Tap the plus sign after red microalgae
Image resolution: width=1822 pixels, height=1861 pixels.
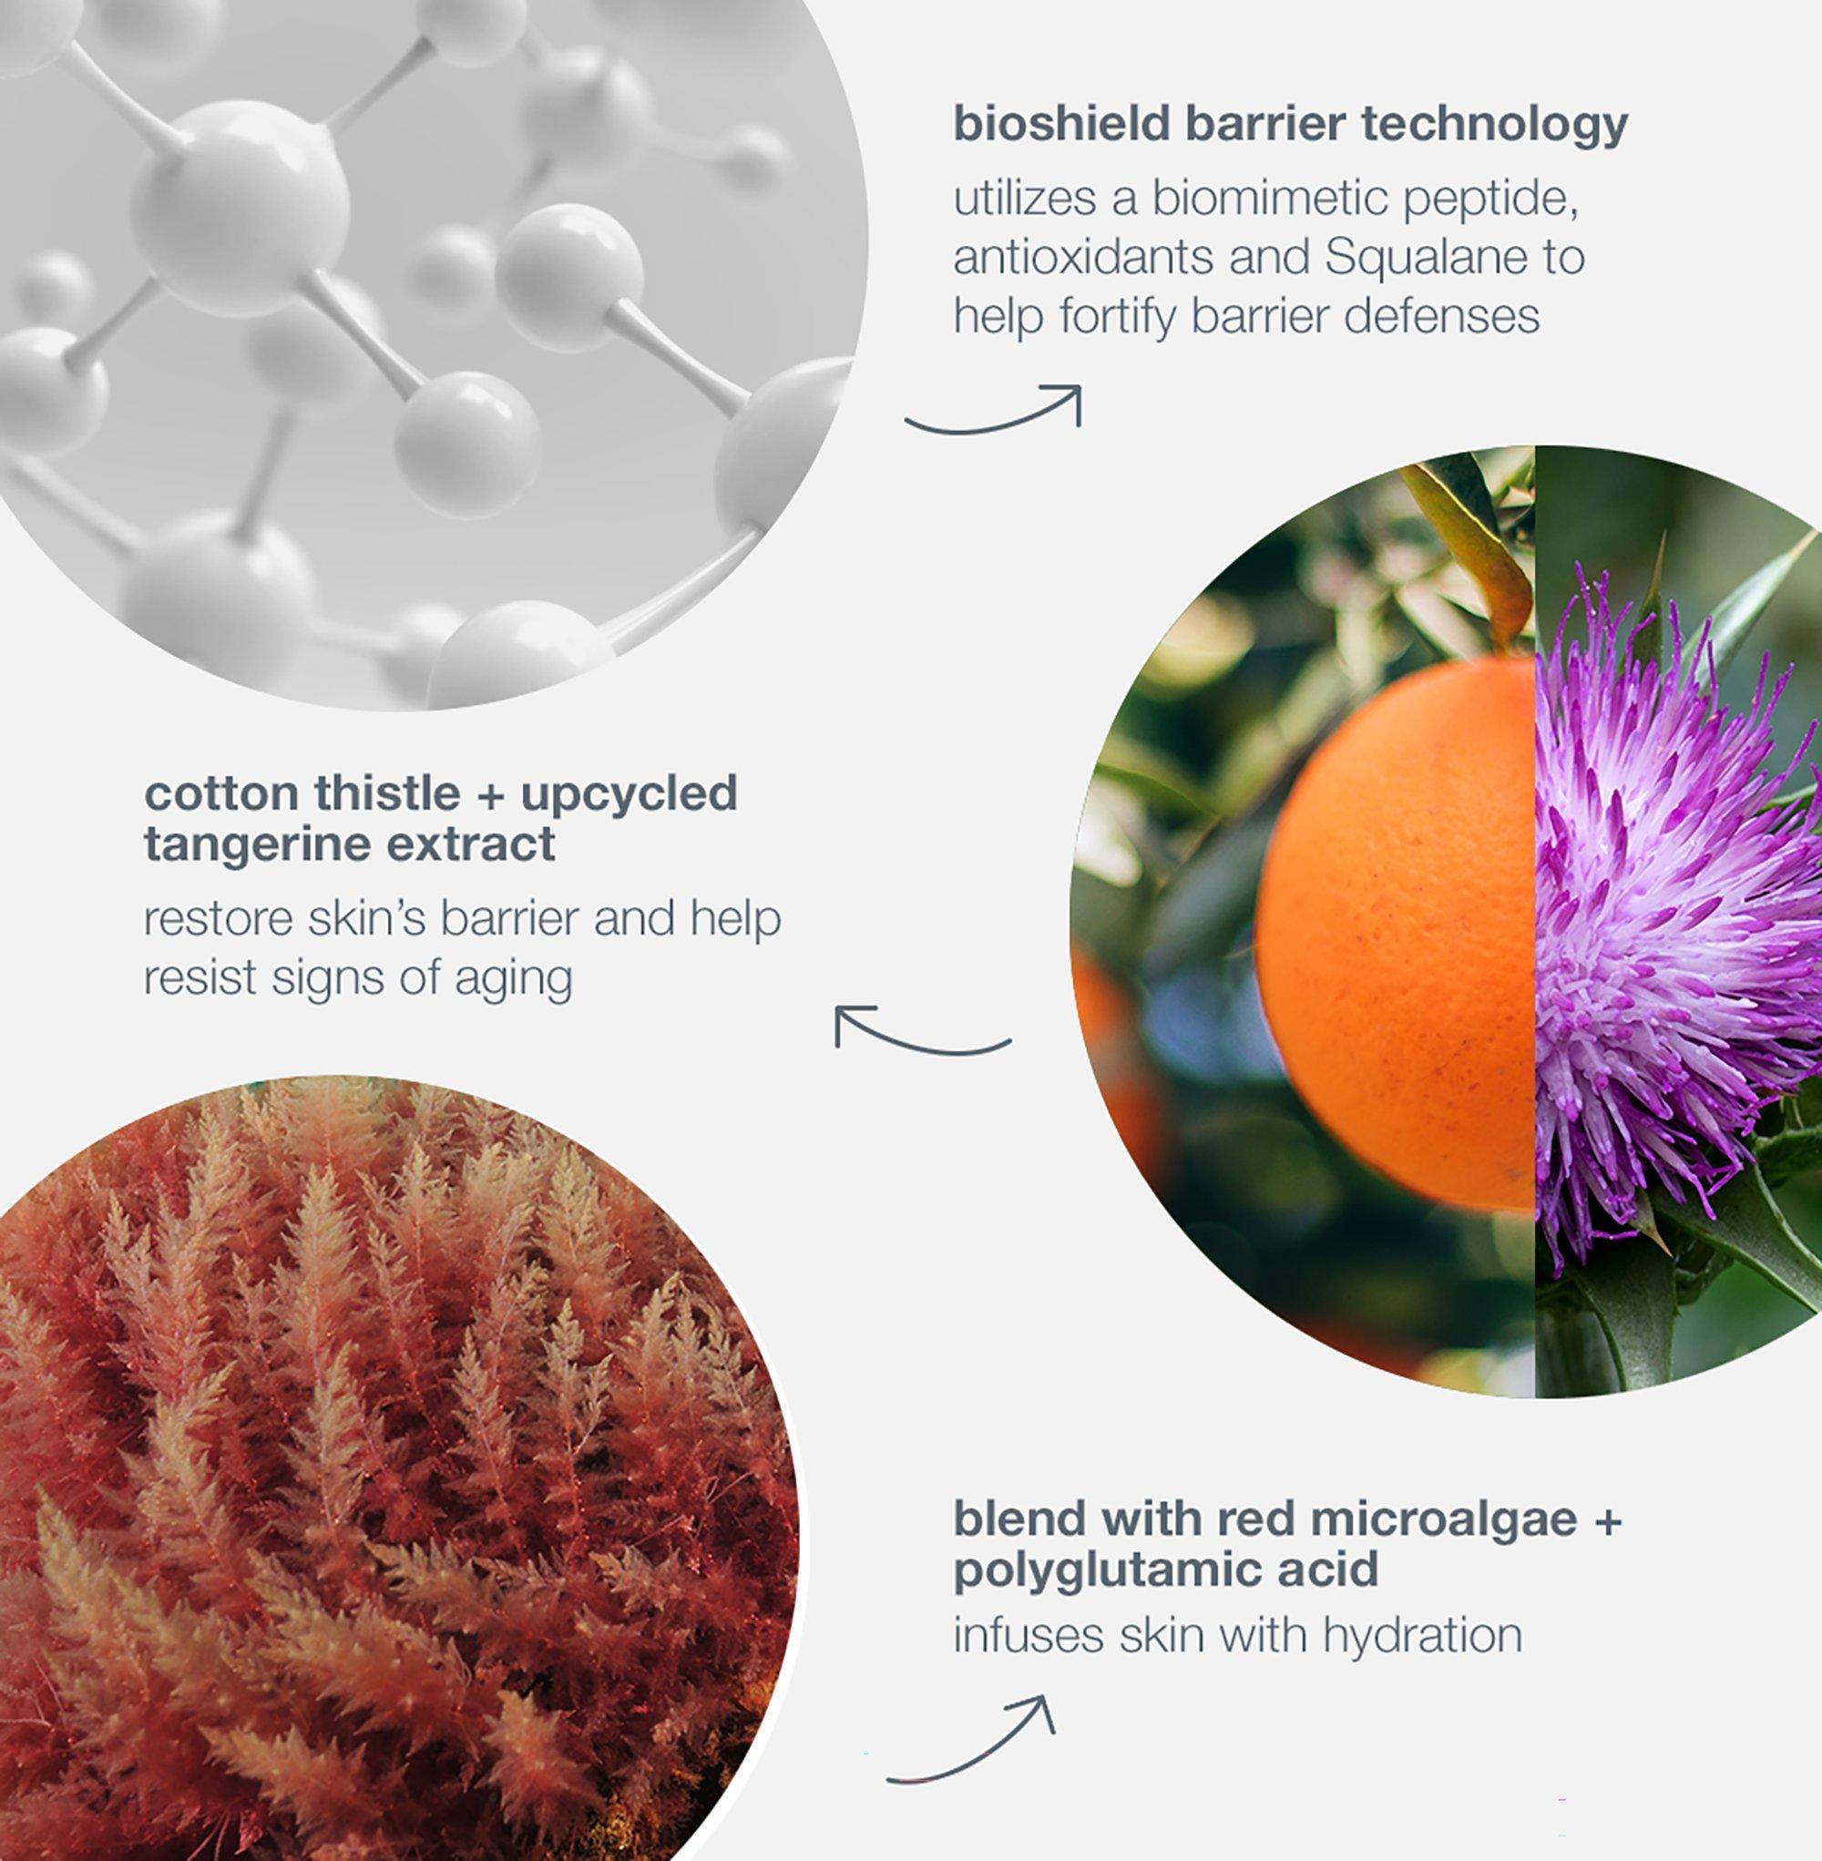point(1606,1521)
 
